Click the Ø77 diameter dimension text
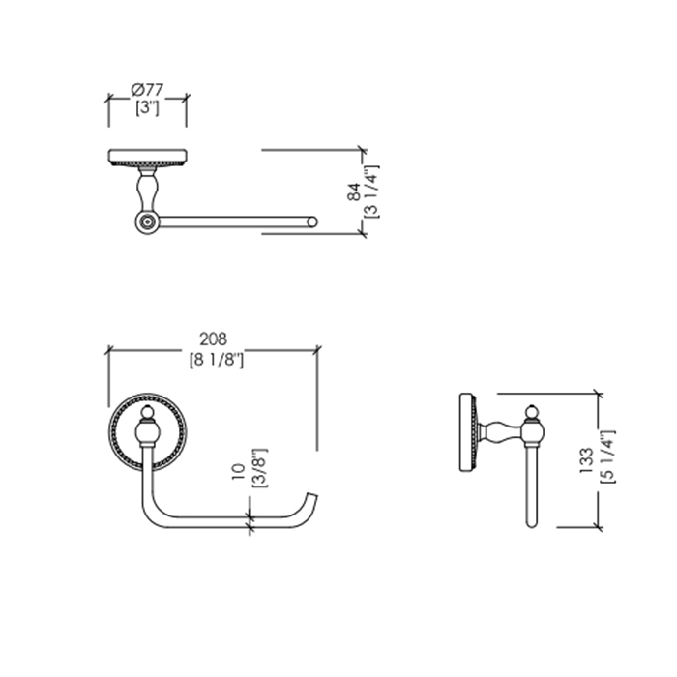[x=147, y=90]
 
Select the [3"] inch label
[x=147, y=107]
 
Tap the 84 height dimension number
[x=354, y=191]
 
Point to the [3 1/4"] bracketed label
[x=371, y=191]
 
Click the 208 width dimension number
[x=214, y=339]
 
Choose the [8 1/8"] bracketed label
[x=217, y=359]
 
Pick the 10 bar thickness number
[x=239, y=472]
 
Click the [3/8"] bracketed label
[x=260, y=468]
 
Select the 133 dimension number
[x=587, y=460]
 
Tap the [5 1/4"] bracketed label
[x=607, y=456]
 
